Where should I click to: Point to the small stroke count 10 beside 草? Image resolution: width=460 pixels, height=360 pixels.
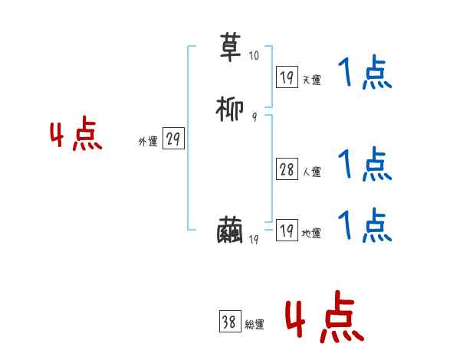click(x=255, y=55)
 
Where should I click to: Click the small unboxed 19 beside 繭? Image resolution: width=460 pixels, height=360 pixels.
click(x=255, y=240)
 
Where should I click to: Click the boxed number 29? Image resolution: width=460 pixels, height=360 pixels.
click(x=173, y=139)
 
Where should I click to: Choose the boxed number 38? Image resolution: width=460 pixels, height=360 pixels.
click(x=229, y=322)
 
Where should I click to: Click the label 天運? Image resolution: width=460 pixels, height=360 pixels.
click(x=311, y=80)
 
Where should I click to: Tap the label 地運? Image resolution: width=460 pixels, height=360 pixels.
click(x=311, y=234)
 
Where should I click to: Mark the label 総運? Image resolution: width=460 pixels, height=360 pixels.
click(x=254, y=325)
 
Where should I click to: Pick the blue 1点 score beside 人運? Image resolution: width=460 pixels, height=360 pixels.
click(x=364, y=164)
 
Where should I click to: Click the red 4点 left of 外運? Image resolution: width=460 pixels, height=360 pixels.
click(x=76, y=136)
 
